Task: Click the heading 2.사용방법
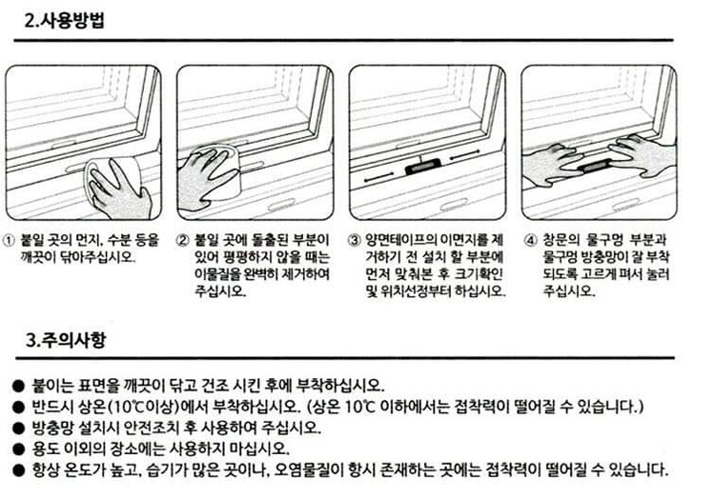tap(64, 21)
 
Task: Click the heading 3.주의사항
tap(65, 340)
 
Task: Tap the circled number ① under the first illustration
tap(10, 241)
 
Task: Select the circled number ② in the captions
tap(182, 241)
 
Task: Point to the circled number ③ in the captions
tap(355, 241)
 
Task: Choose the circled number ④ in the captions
tap(530, 241)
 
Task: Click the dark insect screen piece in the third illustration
tap(422, 168)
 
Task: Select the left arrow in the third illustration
tap(378, 178)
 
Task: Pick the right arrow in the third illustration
tap(464, 155)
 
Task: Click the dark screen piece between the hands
tap(595, 166)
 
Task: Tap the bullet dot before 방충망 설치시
tap(18, 428)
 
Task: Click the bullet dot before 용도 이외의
tap(18, 449)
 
